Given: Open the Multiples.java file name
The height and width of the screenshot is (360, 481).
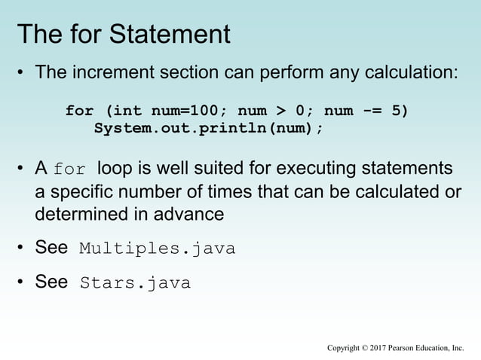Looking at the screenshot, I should (x=157, y=249).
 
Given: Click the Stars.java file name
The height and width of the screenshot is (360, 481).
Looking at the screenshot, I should (x=135, y=284).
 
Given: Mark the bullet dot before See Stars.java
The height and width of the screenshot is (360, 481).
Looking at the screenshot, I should (x=22, y=283).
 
